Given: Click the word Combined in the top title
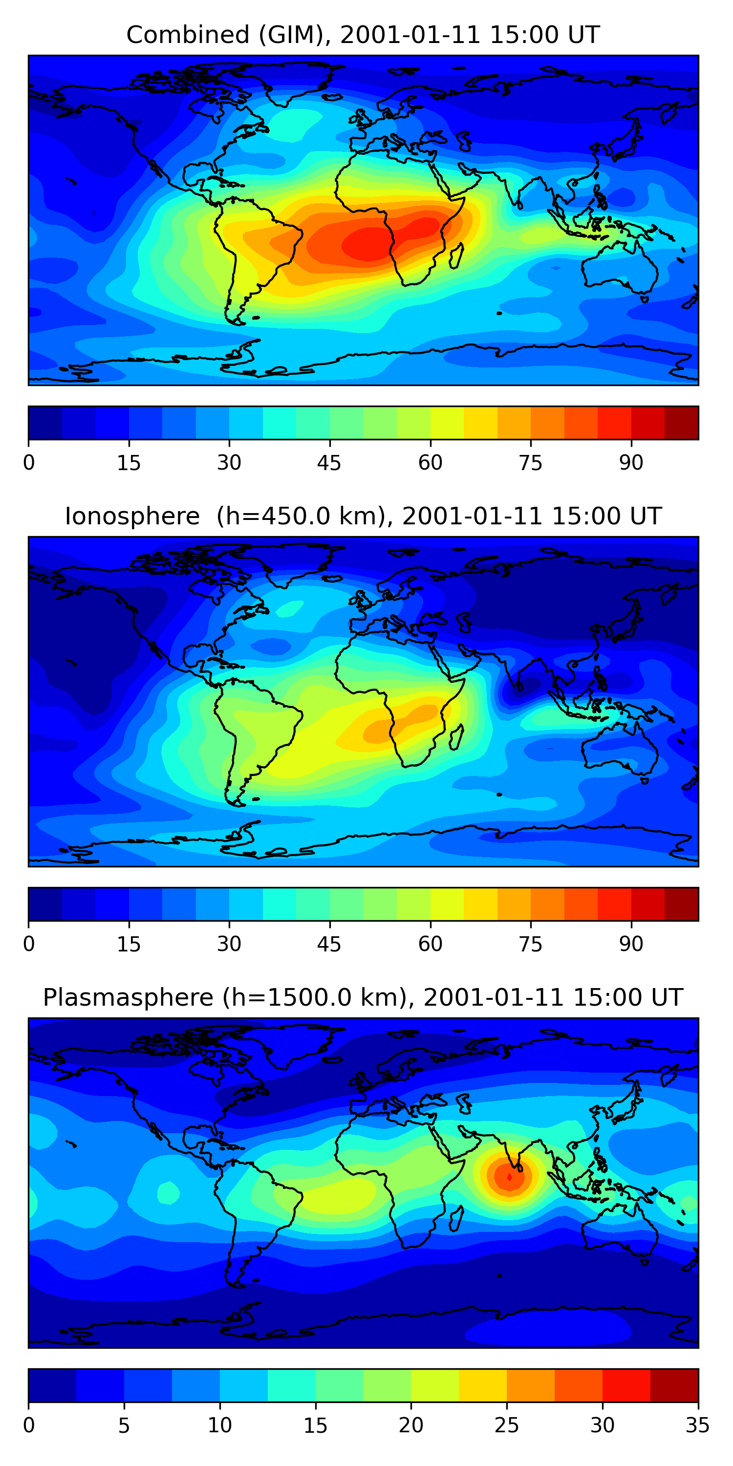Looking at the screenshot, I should click(x=187, y=35).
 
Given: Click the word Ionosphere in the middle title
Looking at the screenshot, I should click(x=132, y=517).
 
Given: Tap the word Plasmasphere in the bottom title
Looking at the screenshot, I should click(x=128, y=998).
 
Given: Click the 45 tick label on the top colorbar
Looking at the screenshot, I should click(x=329, y=463).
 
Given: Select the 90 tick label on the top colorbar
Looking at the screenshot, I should click(x=631, y=463).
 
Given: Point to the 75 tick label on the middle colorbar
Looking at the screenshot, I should click(x=530, y=944).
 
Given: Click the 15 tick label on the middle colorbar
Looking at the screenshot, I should click(x=129, y=944).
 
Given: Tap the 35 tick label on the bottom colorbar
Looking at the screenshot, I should click(x=697, y=1425).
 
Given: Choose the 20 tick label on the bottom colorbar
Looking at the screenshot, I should click(x=411, y=1425).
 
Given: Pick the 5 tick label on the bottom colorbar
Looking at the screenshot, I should click(x=124, y=1425).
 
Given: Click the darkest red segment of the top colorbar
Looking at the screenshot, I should click(x=681, y=423).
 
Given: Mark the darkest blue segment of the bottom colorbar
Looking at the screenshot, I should click(x=52, y=1385).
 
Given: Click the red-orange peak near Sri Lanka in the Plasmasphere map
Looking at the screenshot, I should click(x=509, y=1175).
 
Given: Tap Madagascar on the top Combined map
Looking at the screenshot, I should click(x=456, y=256).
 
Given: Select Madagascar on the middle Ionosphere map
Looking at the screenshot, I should click(x=456, y=737).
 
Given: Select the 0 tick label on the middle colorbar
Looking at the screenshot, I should click(x=29, y=944).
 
